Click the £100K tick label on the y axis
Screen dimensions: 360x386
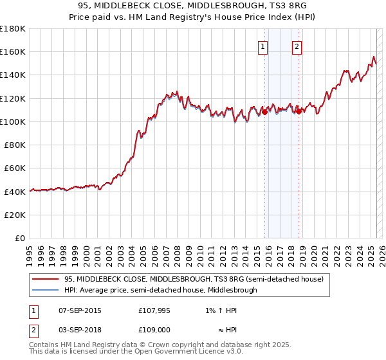pos(13,122)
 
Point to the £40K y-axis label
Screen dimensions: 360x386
pos(15,192)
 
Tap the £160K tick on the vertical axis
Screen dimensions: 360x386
pos(13,51)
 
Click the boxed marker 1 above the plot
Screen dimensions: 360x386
pos(264,46)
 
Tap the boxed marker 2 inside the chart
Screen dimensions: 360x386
pos(297,46)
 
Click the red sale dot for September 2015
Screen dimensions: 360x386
pos(264,112)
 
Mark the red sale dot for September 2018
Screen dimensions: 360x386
pos(299,111)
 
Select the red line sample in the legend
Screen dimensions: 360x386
pos(46,279)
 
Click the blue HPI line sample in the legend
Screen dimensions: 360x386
pos(46,290)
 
